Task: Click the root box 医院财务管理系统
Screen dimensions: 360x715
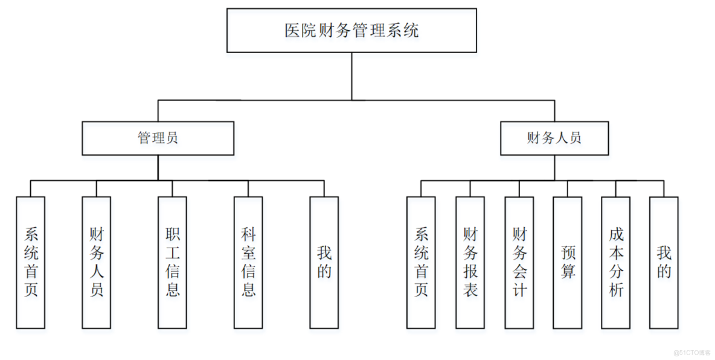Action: pos(351,30)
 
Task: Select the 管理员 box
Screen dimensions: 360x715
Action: pos(158,138)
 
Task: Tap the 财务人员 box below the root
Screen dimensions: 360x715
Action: pos(554,138)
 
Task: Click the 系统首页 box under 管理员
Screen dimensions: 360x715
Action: pos(31,262)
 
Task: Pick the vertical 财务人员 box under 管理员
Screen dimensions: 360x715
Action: pos(97,262)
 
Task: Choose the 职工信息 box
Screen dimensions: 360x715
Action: pos(172,262)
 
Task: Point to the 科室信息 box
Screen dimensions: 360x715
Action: pos(248,262)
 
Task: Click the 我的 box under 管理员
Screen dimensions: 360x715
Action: pos(324,262)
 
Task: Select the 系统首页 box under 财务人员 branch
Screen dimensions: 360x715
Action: pos(421,262)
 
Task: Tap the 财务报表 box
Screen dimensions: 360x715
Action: pos(470,262)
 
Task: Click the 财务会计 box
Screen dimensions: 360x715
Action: pos(519,262)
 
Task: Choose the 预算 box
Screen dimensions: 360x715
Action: pos(568,262)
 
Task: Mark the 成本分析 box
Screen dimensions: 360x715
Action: pos(616,262)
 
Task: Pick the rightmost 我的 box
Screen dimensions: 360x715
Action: pos(664,262)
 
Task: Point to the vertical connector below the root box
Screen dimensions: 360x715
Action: pos(351,76)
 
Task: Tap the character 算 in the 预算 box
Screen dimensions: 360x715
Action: pos(568,271)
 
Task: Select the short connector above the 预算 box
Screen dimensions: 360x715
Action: pos(568,188)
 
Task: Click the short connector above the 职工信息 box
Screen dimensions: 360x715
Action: pos(172,188)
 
